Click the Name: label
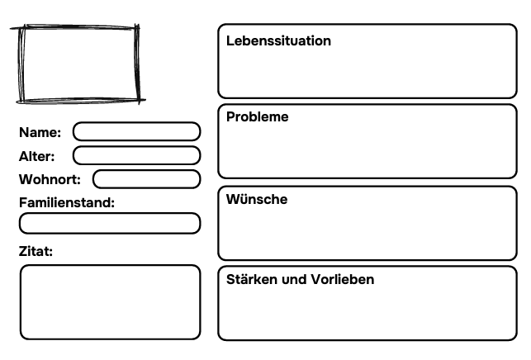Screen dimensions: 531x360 (40, 132)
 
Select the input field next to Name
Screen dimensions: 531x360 (136, 131)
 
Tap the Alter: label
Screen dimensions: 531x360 (36, 156)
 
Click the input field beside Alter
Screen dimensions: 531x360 (136, 155)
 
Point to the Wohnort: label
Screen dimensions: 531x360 (50, 179)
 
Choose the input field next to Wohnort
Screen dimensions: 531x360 (147, 179)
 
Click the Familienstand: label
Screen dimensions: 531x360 (67, 202)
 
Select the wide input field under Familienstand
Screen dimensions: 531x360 (110, 223)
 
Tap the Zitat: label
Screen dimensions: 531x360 (36, 251)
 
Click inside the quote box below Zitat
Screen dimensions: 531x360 (110, 302)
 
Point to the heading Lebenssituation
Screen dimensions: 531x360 (278, 41)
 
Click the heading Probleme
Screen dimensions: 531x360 (258, 117)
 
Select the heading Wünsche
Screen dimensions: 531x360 (257, 199)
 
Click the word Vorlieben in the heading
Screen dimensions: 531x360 (343, 279)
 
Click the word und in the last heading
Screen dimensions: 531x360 (294, 280)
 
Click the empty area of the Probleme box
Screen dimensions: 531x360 (367, 149)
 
